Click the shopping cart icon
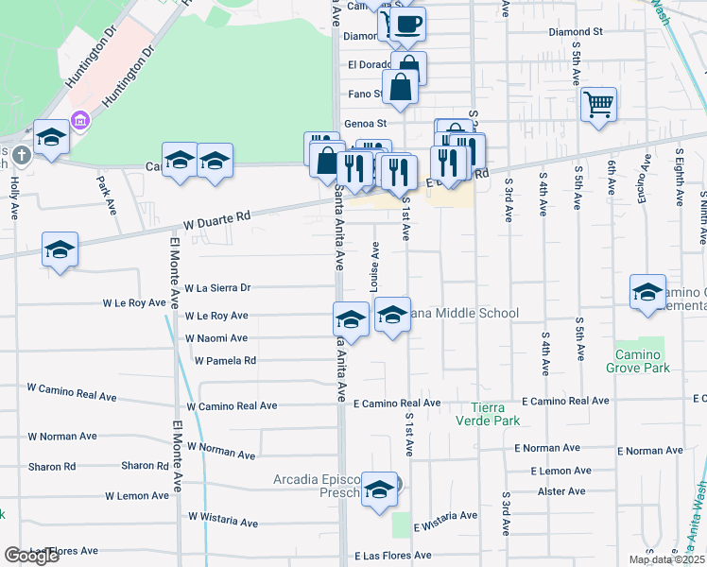click(598, 103)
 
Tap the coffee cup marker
click(407, 25)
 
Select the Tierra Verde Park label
click(495, 414)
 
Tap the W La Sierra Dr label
click(217, 287)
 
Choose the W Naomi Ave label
click(216, 337)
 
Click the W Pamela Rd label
click(225, 360)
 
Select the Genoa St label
click(366, 123)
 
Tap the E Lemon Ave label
click(560, 470)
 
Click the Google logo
click(32, 556)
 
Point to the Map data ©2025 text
click(666, 559)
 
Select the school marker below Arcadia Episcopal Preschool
click(380, 490)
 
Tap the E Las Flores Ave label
click(392, 556)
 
